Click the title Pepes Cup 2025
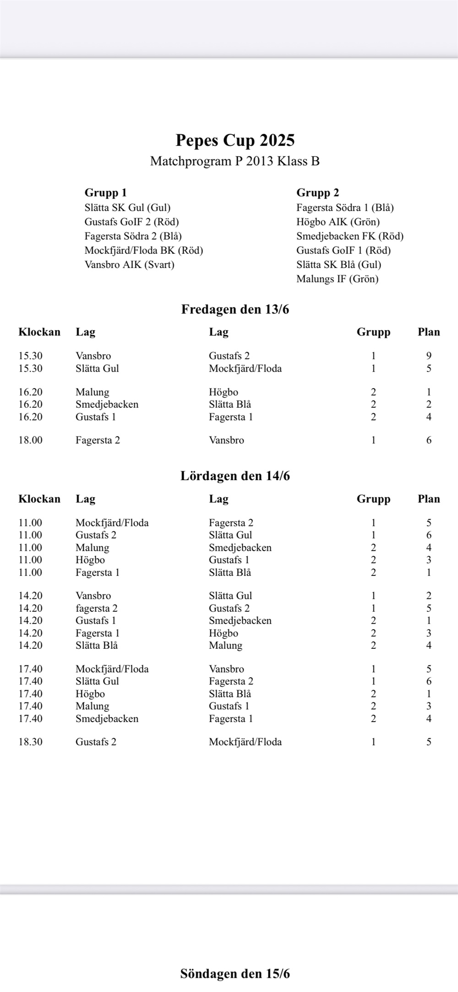(235, 140)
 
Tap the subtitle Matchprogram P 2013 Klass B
(235, 161)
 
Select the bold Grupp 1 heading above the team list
(105, 193)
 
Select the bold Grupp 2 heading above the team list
(317, 193)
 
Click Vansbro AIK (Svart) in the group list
(129, 265)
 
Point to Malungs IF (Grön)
(337, 279)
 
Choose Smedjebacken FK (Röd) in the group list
(349, 236)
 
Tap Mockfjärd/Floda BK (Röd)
(143, 251)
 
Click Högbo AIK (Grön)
(338, 222)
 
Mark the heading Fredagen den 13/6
(235, 310)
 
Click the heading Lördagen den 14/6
(235, 476)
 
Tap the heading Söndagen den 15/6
(235, 974)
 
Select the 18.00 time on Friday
(30, 440)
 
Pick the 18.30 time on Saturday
(30, 742)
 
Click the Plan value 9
(429, 356)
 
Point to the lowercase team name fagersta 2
(96, 608)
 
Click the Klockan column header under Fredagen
(39, 332)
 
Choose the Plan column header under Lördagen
(429, 499)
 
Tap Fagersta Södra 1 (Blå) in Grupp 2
(345, 208)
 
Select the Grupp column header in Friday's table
(373, 332)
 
